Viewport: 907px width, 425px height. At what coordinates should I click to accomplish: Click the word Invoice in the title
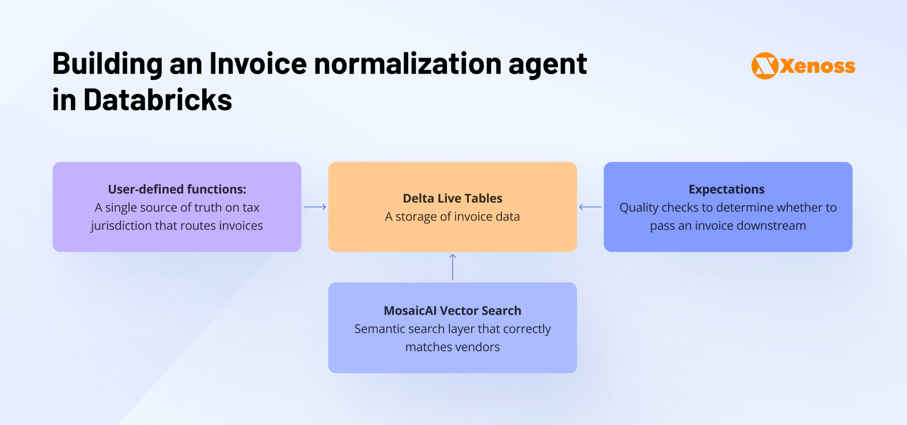[x=258, y=63]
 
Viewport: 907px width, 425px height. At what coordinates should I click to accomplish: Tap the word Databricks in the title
[x=158, y=100]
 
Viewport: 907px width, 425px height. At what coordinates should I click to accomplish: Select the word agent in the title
[x=548, y=64]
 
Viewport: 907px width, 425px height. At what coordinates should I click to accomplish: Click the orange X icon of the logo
[x=765, y=66]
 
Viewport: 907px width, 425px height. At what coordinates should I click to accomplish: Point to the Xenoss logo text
[x=818, y=66]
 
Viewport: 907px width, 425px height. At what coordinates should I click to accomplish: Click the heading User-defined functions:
[x=177, y=189]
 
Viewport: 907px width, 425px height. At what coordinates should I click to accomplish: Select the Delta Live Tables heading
[x=453, y=199]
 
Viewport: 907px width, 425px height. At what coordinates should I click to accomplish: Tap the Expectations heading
[x=727, y=189]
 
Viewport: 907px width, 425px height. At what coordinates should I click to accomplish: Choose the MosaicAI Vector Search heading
[x=453, y=311]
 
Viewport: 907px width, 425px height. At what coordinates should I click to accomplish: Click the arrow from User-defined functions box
[x=315, y=207]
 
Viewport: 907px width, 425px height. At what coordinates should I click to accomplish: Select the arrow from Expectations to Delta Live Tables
[x=590, y=207]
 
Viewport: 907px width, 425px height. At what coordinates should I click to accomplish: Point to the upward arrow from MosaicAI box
[x=453, y=267]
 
